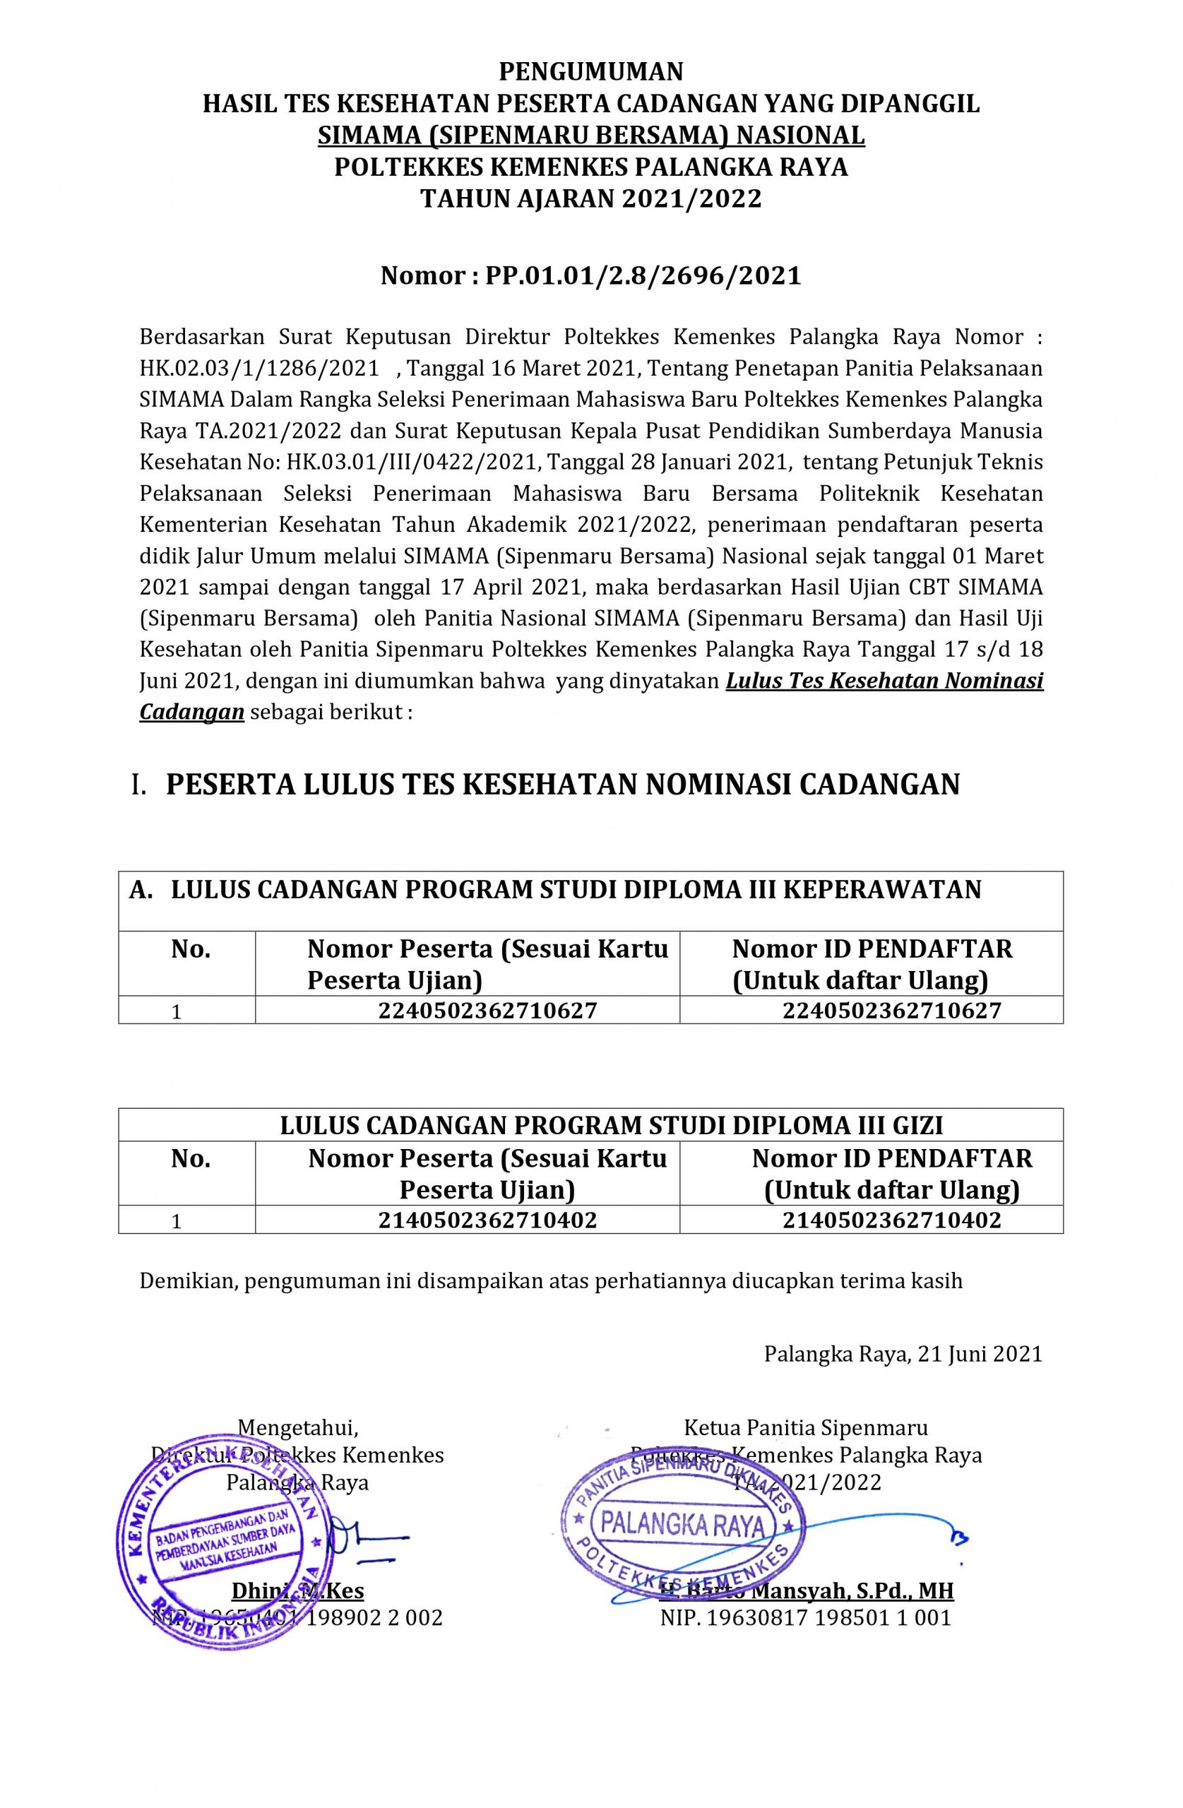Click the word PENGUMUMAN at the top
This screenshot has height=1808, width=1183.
pos(591,71)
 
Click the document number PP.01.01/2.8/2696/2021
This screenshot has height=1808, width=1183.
pos(643,275)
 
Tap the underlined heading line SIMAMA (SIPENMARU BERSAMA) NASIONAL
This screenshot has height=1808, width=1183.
pos(591,135)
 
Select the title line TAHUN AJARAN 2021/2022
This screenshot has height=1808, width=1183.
pos(591,198)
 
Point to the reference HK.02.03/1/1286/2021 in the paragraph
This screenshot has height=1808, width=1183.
pos(259,369)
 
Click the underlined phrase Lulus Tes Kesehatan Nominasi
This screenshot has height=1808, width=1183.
pos(884,681)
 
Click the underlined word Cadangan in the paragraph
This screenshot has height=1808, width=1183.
pos(191,712)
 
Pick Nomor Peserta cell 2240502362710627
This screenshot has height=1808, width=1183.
pos(487,1010)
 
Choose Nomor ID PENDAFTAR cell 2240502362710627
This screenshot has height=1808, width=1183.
pos(891,1010)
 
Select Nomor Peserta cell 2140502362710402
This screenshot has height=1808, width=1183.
pos(487,1219)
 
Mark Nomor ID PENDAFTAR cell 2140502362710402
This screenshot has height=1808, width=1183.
pos(891,1219)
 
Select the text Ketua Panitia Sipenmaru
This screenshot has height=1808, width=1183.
pos(805,1428)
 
